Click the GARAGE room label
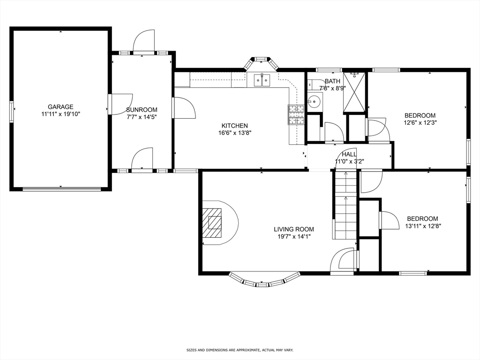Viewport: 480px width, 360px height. coord(60,107)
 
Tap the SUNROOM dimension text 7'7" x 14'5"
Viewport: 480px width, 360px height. coord(141,117)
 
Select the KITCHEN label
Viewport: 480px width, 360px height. coord(234,126)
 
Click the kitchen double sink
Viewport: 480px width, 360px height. coord(262,81)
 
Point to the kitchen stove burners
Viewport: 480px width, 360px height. coord(296,115)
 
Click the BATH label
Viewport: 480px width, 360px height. coord(332,81)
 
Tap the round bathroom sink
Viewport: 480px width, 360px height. coord(314,101)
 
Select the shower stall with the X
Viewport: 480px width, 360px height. coord(354,92)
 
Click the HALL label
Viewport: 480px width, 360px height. coord(349,154)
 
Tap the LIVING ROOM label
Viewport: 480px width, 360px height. coord(294,229)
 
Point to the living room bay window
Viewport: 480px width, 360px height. coord(264,280)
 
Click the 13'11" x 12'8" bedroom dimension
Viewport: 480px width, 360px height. coord(422,225)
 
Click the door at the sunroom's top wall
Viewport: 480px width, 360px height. coord(143,42)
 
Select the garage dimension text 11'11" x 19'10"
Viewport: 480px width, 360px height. coord(60,114)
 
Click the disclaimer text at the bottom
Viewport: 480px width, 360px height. coord(240,350)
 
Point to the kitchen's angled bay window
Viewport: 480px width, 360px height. coord(260,63)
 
